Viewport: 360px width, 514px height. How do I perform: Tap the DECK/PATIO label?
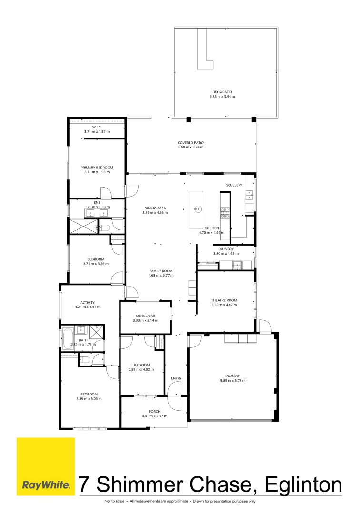point(222,92)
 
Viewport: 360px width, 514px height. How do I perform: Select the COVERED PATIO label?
point(190,142)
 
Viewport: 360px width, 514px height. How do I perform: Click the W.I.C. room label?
point(97,127)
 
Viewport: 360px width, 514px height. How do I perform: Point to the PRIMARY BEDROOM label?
point(97,168)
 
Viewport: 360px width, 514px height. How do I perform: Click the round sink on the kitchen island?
point(196,208)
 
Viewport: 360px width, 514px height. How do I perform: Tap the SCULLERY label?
point(234,185)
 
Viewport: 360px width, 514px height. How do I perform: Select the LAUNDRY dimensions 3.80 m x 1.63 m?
point(226,254)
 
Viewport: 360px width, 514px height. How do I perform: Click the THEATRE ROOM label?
point(224,300)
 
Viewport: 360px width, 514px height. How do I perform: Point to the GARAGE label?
point(233,376)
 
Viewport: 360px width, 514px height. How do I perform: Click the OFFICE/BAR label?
point(145,316)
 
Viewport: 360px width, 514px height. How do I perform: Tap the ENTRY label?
point(176,378)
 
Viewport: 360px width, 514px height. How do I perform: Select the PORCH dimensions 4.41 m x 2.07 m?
point(154,416)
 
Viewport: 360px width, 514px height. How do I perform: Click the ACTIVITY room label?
point(87,303)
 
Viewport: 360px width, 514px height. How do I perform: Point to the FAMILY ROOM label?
point(160,271)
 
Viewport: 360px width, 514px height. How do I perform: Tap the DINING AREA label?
point(155,208)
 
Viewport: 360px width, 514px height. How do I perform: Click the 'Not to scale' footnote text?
point(116,501)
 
